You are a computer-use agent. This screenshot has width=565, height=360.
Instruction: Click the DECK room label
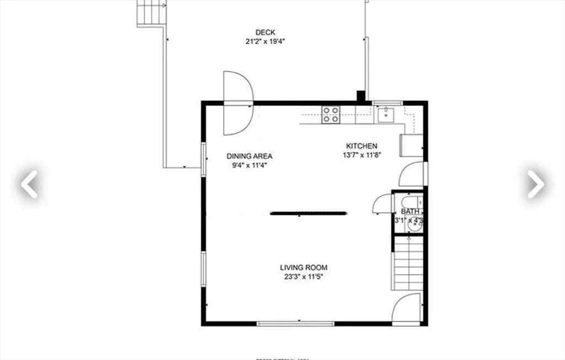click(265, 32)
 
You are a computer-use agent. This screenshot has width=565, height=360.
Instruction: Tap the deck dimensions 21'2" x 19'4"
click(265, 41)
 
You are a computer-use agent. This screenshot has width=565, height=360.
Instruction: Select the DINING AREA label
click(249, 156)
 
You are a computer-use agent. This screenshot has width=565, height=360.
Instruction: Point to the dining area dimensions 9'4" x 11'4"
click(249, 165)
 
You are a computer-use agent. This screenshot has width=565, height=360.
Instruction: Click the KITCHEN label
click(361, 146)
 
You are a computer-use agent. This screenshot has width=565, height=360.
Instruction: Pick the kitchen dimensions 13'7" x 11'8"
click(361, 155)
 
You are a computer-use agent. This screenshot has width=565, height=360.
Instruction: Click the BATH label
click(409, 212)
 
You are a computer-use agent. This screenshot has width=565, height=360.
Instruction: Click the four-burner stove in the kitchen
click(331, 114)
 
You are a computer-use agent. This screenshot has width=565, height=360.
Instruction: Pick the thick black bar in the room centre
click(308, 212)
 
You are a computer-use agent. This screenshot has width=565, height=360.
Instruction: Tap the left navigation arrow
click(29, 184)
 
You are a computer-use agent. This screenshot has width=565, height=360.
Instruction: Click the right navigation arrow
click(535, 184)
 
